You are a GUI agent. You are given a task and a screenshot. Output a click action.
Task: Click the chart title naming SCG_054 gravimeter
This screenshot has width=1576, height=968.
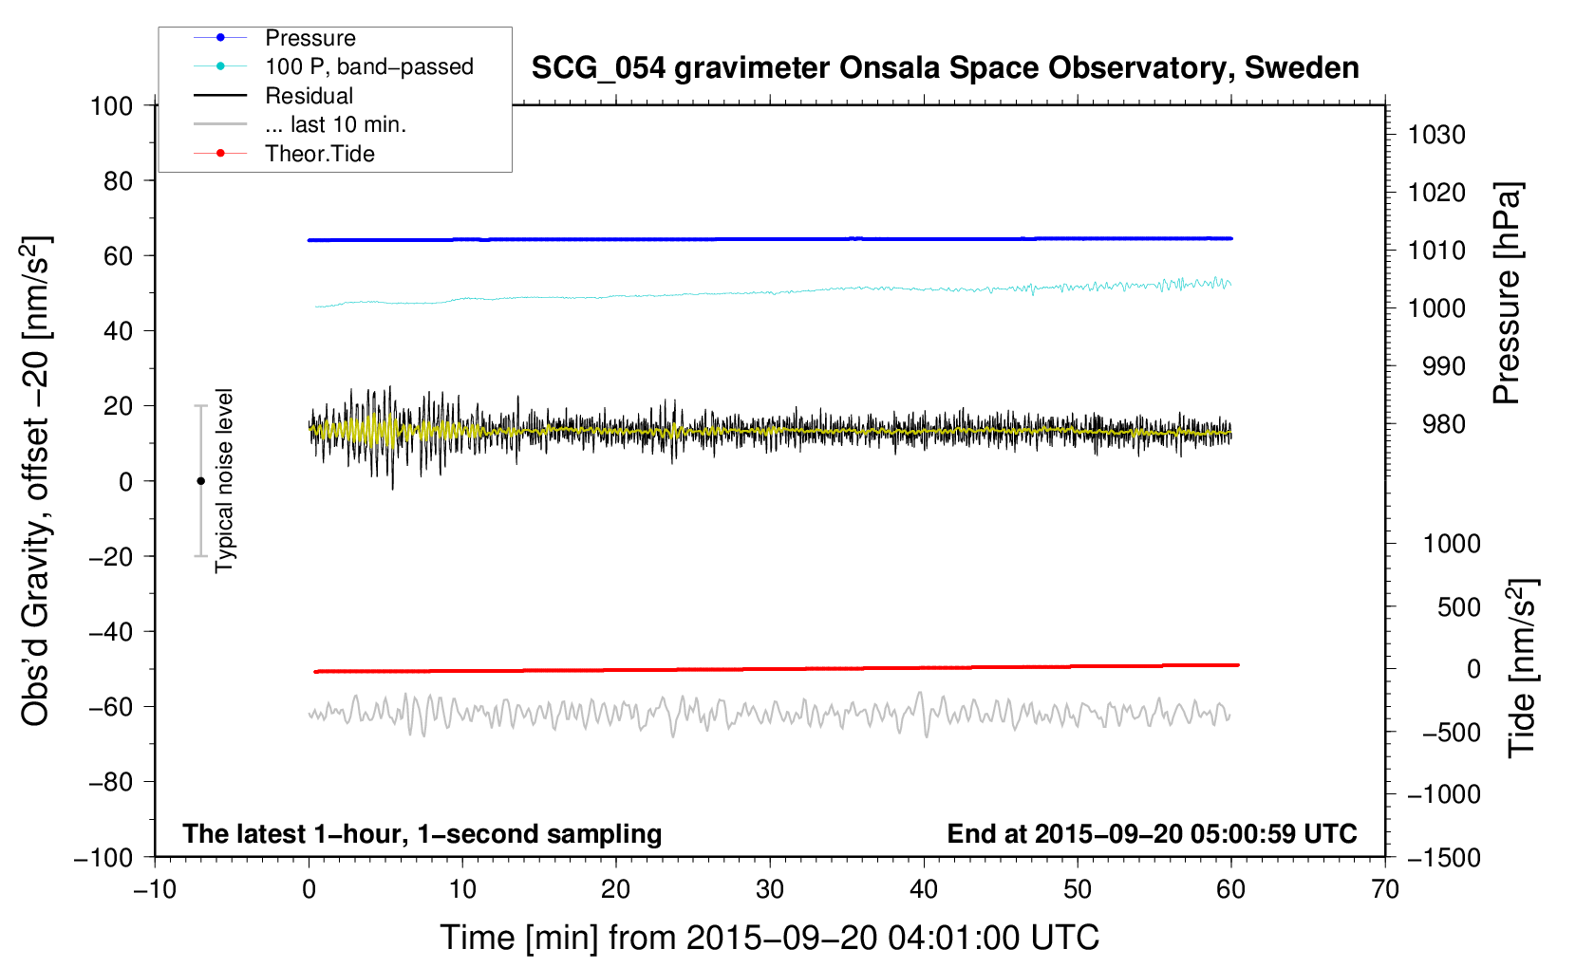click(945, 68)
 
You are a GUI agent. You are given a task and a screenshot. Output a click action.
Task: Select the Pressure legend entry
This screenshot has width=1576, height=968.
click(310, 38)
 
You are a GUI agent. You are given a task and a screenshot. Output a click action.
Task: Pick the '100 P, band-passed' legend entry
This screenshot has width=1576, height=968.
click(369, 66)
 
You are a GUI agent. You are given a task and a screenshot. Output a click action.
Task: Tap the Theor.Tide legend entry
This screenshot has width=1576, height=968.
click(319, 154)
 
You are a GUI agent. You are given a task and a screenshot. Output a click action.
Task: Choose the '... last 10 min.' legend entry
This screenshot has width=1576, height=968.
click(335, 124)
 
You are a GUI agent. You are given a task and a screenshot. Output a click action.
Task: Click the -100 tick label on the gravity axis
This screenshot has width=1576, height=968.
click(103, 858)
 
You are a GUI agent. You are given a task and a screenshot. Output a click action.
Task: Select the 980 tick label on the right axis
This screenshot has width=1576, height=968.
click(1444, 424)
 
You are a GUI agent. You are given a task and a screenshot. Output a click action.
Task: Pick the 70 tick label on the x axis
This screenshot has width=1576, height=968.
click(1384, 890)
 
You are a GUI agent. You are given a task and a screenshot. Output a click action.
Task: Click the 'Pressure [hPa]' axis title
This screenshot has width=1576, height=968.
click(1507, 293)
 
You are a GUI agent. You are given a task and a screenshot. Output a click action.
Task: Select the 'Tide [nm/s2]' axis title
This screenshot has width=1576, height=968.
click(1523, 668)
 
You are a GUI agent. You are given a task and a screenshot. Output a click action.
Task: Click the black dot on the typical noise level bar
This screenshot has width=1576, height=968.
click(200, 481)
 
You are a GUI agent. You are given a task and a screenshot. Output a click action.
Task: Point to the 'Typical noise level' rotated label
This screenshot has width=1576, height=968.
click(224, 481)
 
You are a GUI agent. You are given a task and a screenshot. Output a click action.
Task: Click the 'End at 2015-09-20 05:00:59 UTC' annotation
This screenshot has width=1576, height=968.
click(1152, 834)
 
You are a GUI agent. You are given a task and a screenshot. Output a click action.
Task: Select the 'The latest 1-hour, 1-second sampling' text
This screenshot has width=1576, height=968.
click(422, 834)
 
